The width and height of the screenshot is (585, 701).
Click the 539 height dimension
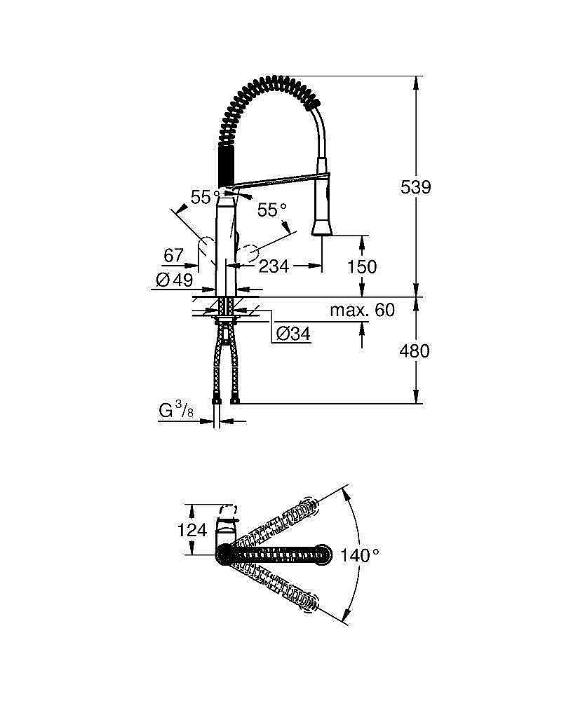pyautogui.click(x=415, y=187)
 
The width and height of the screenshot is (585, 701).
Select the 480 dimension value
pyautogui.click(x=415, y=350)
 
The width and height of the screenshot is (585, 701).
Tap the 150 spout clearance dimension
pyautogui.click(x=362, y=266)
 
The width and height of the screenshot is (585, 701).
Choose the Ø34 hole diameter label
pyautogui.click(x=293, y=334)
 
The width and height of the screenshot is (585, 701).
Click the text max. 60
pyautogui.click(x=363, y=310)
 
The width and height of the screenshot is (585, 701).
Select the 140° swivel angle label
pyautogui.click(x=360, y=555)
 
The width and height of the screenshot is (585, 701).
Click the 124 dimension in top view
pyautogui.click(x=192, y=530)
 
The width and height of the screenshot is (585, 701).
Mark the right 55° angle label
pyautogui.click(x=271, y=210)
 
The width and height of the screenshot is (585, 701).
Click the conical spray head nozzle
pyautogui.click(x=321, y=225)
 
